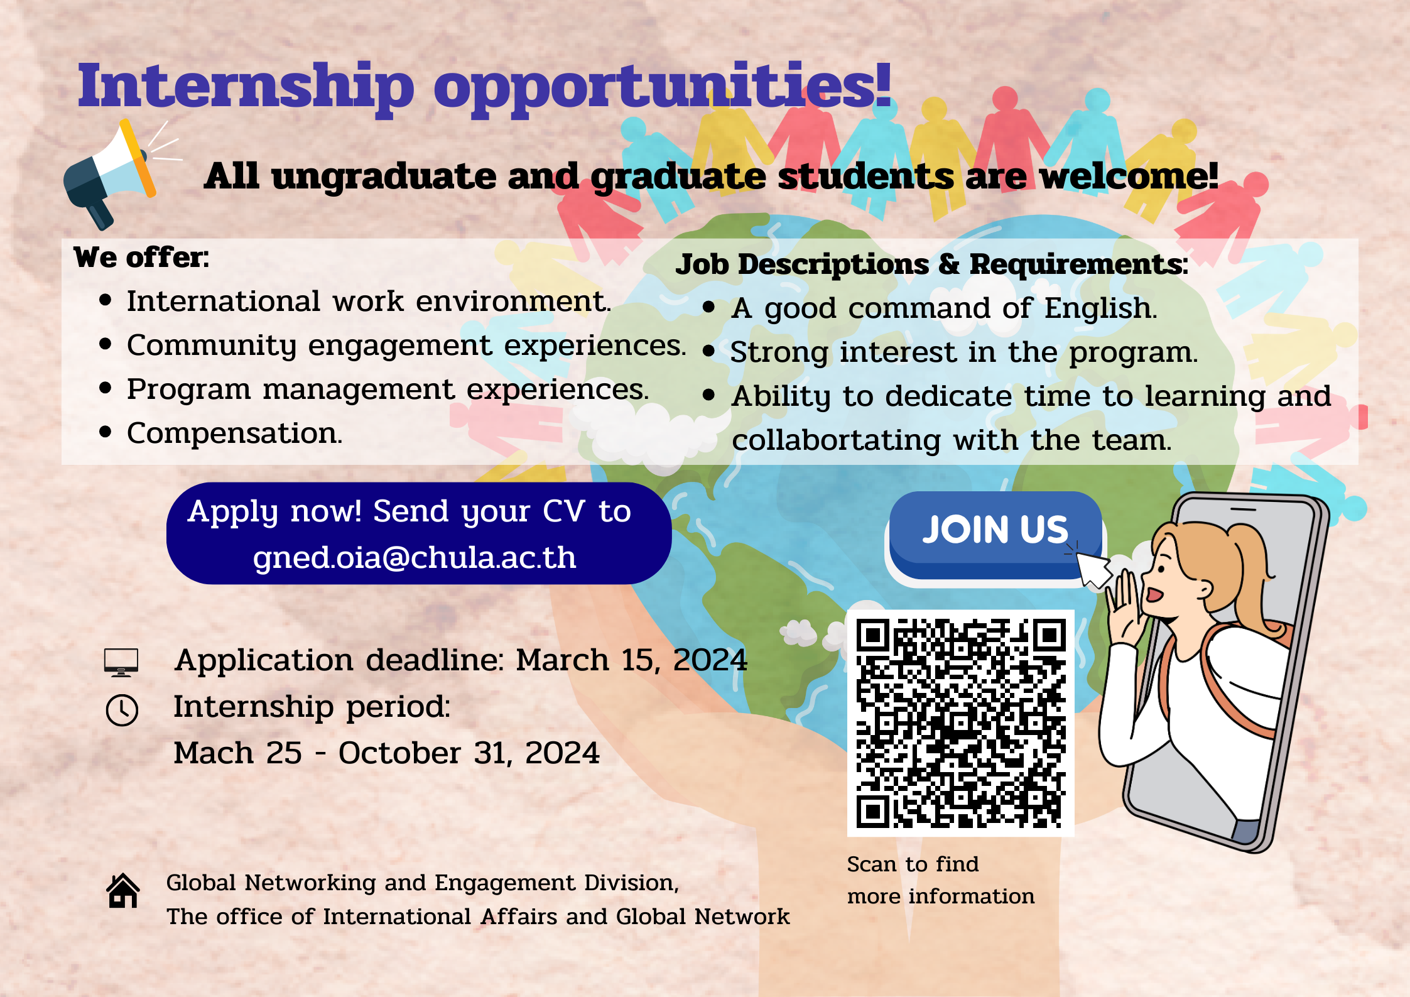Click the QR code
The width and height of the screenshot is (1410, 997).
pos(960,723)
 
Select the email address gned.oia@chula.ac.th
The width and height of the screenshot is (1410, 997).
pos(415,558)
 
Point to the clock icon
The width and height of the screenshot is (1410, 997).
pos(122,711)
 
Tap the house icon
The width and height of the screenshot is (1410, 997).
pos(123,891)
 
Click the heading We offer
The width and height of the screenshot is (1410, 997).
pos(141,258)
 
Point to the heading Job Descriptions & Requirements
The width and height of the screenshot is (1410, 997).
pos(931,264)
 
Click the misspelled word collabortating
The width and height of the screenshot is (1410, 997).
pos(836,440)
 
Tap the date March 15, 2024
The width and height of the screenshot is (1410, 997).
pos(632,660)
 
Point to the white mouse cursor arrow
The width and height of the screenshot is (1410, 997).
pos(1093,569)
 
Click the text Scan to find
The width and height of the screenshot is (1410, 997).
pos(913,864)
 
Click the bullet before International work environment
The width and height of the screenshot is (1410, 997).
pos(106,300)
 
